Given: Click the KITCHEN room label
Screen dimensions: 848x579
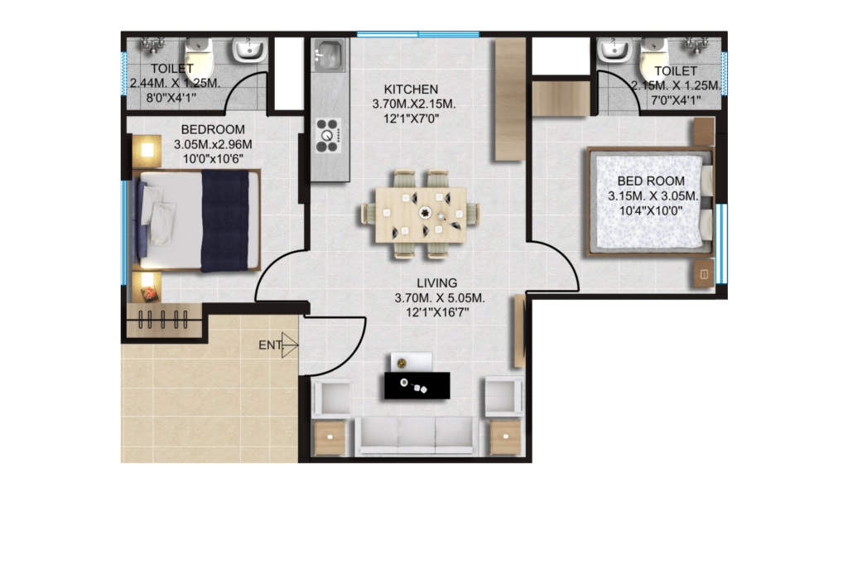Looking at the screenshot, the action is (411, 89).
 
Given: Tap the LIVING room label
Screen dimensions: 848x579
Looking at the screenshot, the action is (436, 283).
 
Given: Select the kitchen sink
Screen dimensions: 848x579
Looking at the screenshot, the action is (328, 55).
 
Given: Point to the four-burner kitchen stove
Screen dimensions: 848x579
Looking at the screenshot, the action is (328, 135).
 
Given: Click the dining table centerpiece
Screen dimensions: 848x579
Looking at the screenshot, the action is (426, 213).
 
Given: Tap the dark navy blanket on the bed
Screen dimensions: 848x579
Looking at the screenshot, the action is (225, 221).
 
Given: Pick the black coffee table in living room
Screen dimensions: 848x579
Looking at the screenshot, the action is (417, 386).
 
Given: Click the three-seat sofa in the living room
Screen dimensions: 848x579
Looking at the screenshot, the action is (416, 436).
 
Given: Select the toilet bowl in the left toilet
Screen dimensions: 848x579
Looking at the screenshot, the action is (198, 57).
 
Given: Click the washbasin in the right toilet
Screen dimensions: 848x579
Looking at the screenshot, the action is (614, 49).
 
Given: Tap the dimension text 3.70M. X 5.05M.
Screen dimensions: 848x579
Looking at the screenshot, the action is (439, 297).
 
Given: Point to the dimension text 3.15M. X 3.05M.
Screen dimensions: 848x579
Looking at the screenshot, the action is (653, 195).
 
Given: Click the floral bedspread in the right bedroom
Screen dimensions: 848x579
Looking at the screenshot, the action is (649, 202).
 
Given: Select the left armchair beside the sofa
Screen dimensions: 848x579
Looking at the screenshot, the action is (330, 398).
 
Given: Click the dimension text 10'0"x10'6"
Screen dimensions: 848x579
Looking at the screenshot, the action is (213, 159).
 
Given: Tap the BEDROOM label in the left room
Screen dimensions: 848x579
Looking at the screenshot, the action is (213, 129).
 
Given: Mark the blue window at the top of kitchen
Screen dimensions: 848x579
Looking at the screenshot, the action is (418, 35).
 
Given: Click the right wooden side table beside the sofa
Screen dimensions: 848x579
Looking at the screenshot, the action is (506, 437).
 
